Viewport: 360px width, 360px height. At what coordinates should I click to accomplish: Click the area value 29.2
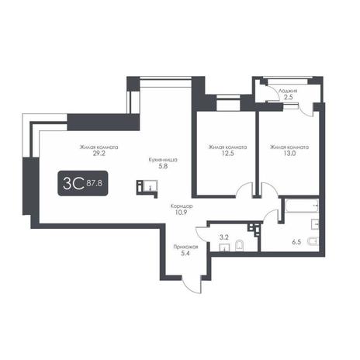tap(99, 154)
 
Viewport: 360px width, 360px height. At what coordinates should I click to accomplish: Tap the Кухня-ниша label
tap(163, 160)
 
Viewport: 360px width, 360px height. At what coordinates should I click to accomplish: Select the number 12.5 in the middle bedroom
tap(227, 154)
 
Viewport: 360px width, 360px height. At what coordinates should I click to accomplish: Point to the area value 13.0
tap(289, 154)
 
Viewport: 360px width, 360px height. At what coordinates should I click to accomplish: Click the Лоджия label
tap(288, 91)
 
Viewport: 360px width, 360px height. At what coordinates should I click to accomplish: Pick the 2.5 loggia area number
tap(289, 97)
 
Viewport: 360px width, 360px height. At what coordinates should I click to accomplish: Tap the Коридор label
tap(182, 206)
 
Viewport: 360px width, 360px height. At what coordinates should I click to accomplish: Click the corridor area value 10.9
tap(181, 213)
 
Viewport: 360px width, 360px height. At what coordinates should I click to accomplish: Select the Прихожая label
tap(185, 247)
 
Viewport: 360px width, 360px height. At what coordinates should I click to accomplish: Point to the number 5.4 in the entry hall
tap(185, 254)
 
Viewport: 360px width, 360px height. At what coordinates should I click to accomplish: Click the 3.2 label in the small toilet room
tap(224, 237)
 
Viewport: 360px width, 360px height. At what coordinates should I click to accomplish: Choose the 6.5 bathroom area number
tap(296, 242)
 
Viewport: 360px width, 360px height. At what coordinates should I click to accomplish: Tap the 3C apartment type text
tap(74, 183)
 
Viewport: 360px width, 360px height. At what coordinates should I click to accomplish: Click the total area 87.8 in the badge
tap(95, 184)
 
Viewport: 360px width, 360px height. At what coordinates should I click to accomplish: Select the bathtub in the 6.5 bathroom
tap(301, 206)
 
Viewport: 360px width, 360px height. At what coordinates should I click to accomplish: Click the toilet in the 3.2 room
tap(240, 246)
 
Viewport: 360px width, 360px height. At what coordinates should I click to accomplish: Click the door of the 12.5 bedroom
tap(244, 190)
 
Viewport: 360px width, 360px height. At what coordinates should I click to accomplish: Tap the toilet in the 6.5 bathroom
tap(313, 241)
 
